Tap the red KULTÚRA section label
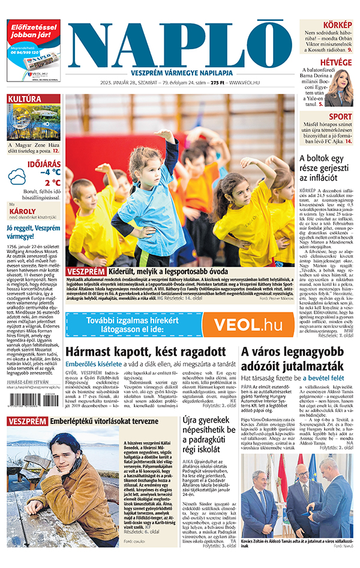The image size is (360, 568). click(25, 98)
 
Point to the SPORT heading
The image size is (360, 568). click(340, 116)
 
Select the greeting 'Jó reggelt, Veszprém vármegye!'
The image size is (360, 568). click(33, 232)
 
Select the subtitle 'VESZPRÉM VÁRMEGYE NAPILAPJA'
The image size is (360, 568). click(183, 67)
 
